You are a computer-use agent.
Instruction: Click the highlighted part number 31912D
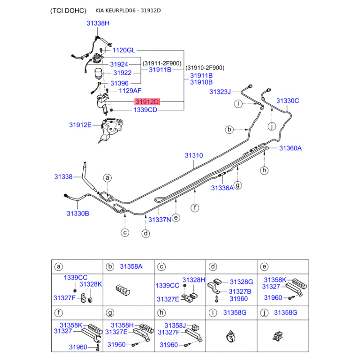(147, 102)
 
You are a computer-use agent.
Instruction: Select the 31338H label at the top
(98, 23)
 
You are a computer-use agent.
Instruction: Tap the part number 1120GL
(124, 50)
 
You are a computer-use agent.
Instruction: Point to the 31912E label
(80, 125)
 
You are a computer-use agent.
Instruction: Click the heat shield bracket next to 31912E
(111, 130)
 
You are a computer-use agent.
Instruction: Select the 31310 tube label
(194, 155)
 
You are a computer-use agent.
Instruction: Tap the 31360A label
(290, 148)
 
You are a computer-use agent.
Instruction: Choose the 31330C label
(288, 100)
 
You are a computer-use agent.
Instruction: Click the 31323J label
(220, 92)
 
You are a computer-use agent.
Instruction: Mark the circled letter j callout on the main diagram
(272, 126)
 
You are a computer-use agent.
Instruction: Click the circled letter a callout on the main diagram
(107, 178)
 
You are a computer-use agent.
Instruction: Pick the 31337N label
(160, 220)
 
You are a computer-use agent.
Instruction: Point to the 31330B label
(77, 213)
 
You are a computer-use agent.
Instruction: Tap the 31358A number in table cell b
(131, 266)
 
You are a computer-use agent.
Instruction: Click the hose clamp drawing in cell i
(231, 337)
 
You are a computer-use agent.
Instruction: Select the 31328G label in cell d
(242, 282)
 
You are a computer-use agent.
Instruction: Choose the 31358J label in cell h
(175, 325)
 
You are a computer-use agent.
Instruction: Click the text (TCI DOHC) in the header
(68, 11)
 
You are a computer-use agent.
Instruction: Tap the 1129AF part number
(130, 91)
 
